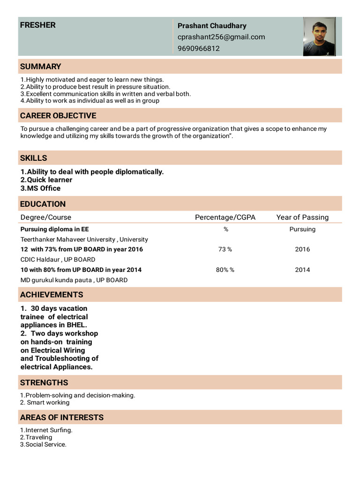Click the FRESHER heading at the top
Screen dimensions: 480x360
[x=37, y=25]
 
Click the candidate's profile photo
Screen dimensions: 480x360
[x=319, y=37]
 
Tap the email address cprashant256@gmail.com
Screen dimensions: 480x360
[x=221, y=37]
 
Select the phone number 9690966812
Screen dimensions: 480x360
[x=199, y=48]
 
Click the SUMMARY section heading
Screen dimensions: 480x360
[x=40, y=67]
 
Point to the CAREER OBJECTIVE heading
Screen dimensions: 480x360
[x=58, y=115]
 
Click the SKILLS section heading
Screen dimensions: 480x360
[x=33, y=158]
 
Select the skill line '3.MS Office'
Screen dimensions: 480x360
[x=40, y=188]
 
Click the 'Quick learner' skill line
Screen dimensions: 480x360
[x=46, y=180]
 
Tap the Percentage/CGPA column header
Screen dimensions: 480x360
[x=225, y=217]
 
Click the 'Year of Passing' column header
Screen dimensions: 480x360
[x=302, y=217]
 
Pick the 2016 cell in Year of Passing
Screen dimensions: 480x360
[x=302, y=249]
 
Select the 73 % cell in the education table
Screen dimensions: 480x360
[x=225, y=249]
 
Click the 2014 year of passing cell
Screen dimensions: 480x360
[x=302, y=270]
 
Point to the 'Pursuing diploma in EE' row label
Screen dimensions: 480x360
[x=54, y=229]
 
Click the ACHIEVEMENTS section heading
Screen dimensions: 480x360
[x=52, y=294]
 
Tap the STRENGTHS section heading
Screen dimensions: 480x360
[x=44, y=382]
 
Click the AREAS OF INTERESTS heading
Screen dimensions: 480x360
[x=62, y=417]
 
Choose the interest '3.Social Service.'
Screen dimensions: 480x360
[x=43, y=444]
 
